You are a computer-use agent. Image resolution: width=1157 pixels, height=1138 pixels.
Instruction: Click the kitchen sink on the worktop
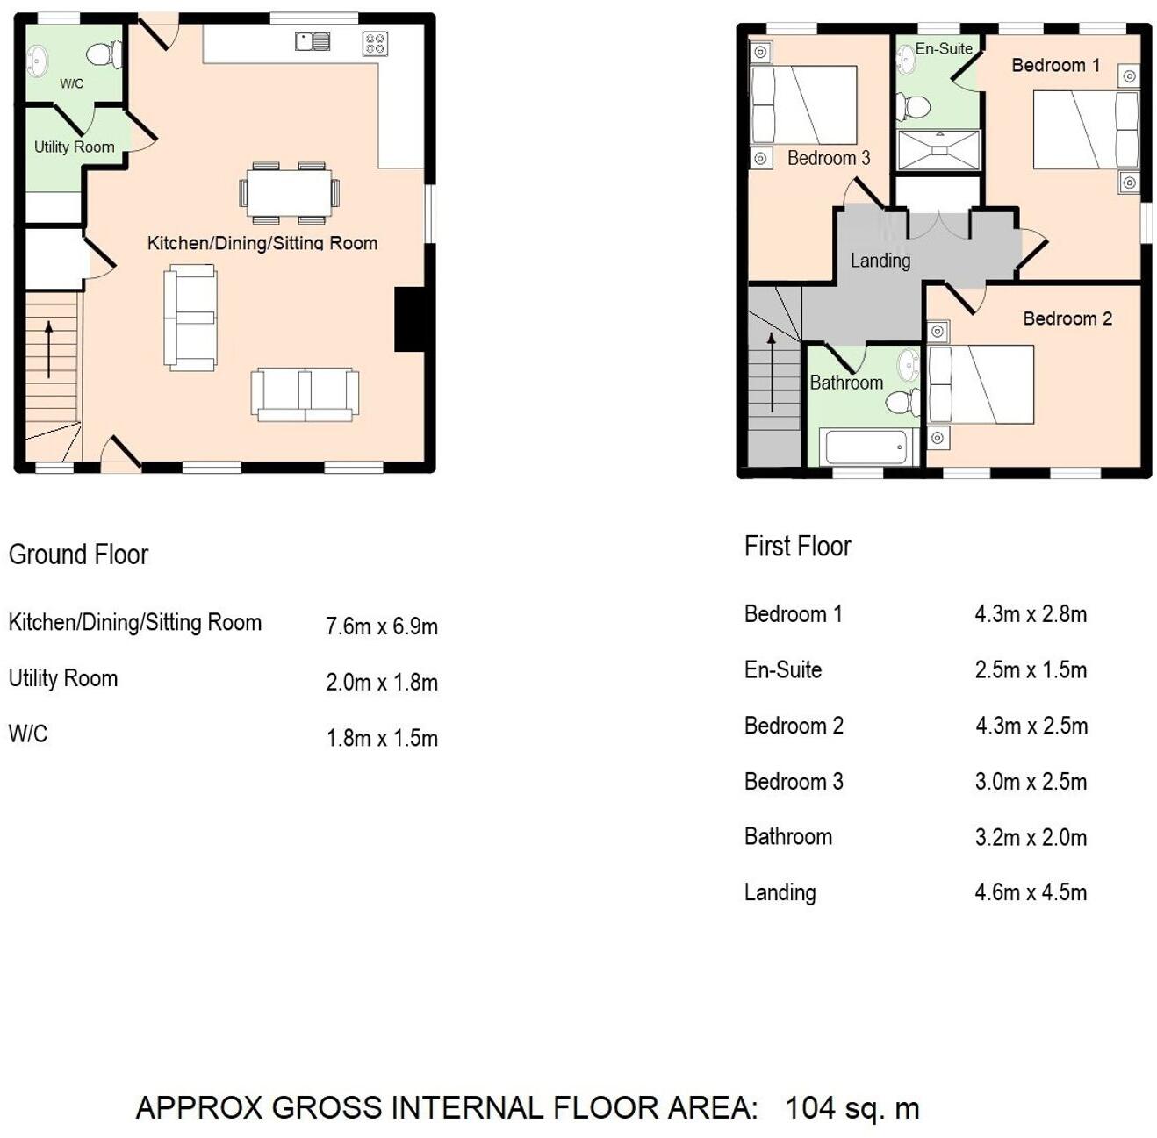point(313,41)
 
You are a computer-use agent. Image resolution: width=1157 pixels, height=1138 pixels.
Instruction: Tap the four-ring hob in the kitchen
point(375,43)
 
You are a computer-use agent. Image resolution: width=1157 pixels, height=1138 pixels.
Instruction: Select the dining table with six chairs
point(289,192)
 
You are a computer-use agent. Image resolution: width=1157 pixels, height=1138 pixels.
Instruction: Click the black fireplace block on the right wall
point(411,319)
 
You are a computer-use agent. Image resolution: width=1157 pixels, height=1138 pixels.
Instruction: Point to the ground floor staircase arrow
point(49,349)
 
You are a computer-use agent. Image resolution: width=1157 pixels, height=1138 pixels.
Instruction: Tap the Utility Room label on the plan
point(74,147)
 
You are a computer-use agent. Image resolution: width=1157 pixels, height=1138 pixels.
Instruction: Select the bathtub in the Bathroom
point(866,447)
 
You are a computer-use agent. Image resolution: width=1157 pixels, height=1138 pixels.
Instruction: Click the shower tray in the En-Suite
point(938,149)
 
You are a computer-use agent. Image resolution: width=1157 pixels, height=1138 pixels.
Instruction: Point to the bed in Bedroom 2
point(981,385)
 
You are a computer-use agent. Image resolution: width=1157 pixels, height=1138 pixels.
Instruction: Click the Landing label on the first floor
point(880,261)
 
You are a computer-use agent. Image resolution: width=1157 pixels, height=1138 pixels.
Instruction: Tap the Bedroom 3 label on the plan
point(828,158)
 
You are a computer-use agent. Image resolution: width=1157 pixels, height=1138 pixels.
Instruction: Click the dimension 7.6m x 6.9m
point(382,626)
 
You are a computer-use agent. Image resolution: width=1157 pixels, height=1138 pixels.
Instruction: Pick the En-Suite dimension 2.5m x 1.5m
point(1031,670)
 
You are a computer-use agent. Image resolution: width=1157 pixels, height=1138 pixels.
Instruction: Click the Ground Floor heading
point(78,555)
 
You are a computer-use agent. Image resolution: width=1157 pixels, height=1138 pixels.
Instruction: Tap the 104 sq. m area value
point(852,1108)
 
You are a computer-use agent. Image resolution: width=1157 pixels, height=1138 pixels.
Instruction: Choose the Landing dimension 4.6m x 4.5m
point(1031,893)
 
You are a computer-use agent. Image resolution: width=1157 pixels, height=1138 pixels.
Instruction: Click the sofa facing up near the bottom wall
point(305,395)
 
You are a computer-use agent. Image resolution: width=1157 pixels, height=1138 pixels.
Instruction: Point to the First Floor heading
point(797,547)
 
